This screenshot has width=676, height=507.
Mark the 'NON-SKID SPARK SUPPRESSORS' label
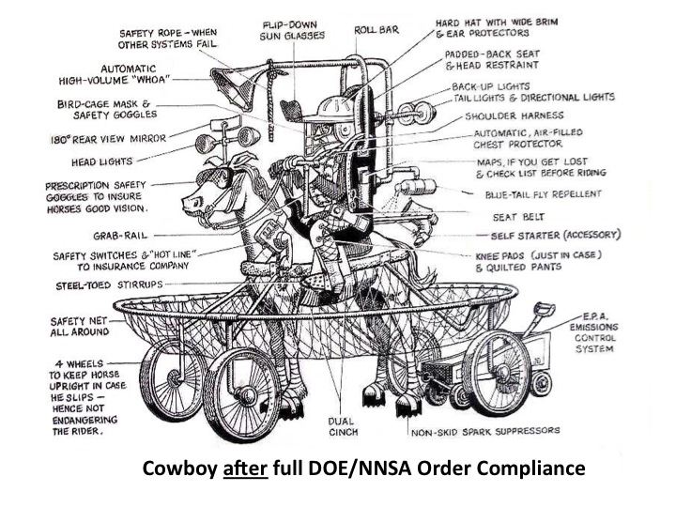click(485, 433)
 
